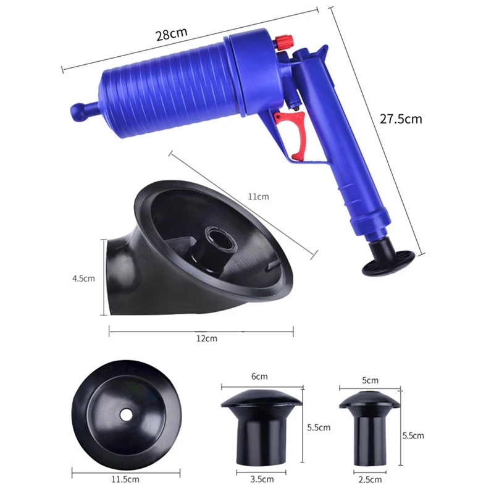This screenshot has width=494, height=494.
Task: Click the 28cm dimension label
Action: (172, 34)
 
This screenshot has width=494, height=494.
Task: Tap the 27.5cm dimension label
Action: (400, 119)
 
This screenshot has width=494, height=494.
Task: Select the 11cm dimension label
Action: (258, 197)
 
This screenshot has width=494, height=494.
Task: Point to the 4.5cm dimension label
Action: (83, 278)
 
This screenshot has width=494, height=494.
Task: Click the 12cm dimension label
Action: (207, 338)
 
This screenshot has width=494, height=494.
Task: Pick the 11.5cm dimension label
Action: (125, 480)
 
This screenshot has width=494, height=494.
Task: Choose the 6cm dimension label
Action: (259, 377)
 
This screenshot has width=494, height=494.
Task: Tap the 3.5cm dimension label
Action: (262, 479)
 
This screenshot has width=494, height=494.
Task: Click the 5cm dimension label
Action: (370, 380)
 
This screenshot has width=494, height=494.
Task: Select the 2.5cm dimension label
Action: (370, 480)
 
